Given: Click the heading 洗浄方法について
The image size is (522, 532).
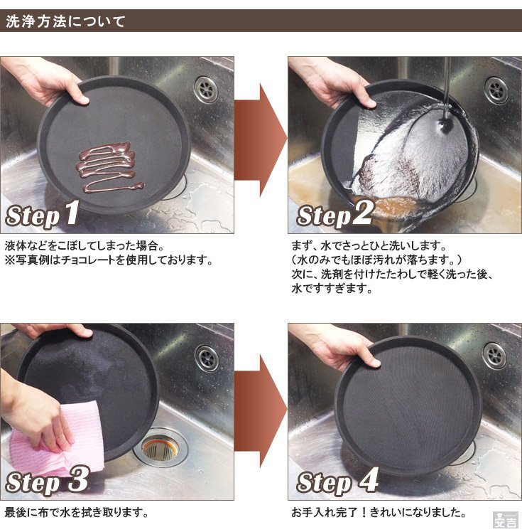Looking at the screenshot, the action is pos(65,21).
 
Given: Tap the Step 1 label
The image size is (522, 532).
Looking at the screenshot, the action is pos(43,214).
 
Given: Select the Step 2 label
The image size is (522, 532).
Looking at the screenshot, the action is pos(335,214).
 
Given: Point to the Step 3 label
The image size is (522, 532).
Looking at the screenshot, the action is pos(48,480).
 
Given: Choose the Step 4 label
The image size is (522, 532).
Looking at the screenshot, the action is pos(337,481).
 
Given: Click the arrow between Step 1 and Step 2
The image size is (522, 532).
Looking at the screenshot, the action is pos(260,140).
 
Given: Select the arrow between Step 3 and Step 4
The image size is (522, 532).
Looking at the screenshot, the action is pos(260,411).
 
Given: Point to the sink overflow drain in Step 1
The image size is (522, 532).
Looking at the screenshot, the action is pos(206,89).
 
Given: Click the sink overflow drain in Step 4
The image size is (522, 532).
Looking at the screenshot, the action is pos(495,356).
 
